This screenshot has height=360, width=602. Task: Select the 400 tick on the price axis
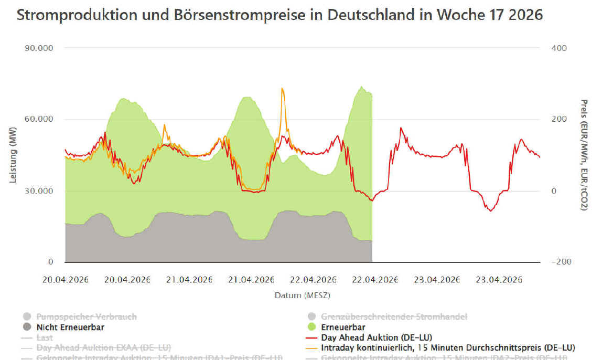559,48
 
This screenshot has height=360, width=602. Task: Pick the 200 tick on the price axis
559,120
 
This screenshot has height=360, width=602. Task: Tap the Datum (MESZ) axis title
302,295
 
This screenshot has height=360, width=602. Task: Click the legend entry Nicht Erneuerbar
70,327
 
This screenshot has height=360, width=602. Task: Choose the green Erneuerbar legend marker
311,327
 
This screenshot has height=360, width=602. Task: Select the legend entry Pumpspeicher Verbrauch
86,316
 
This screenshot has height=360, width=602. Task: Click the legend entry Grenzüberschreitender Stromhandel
394,316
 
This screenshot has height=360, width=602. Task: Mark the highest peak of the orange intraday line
282,89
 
